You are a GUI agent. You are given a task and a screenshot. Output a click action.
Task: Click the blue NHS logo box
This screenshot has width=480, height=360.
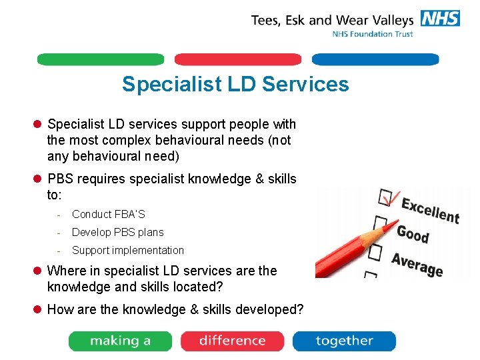click(x=440, y=18)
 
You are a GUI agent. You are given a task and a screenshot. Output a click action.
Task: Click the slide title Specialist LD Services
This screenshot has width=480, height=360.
click(x=235, y=85)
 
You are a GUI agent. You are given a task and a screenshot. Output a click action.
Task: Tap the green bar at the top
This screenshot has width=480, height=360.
click(x=100, y=59)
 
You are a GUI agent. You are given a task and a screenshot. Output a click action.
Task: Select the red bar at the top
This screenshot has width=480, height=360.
click(x=237, y=59)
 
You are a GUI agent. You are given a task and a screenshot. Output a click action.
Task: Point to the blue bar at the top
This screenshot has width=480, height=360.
click(x=375, y=59)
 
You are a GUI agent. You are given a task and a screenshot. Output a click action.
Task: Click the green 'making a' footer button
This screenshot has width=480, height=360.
click(x=121, y=341)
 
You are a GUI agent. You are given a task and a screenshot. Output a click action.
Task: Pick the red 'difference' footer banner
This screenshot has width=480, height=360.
click(x=232, y=341)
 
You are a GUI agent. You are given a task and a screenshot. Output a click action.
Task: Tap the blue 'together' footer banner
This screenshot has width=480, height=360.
click(x=344, y=341)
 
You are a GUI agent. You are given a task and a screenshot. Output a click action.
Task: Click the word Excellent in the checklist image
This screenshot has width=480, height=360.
click(x=430, y=210)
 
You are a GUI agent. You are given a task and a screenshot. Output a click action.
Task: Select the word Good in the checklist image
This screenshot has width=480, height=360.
click(x=413, y=234)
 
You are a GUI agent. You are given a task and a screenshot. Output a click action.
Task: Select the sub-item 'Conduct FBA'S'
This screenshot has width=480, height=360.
click(x=108, y=214)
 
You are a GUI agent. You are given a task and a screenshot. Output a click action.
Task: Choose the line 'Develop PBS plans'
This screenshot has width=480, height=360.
click(x=117, y=232)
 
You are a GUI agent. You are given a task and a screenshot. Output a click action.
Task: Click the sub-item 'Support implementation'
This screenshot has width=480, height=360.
click(x=127, y=250)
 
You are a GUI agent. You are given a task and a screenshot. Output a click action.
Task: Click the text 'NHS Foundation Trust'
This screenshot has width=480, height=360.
click(x=373, y=34)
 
